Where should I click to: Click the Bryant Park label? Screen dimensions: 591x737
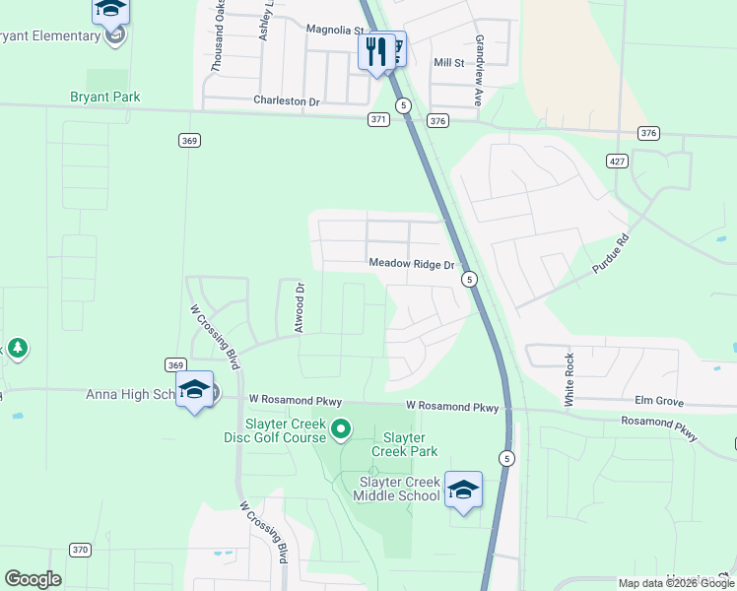coord(104,97)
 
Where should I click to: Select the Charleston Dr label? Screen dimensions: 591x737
coord(287,100)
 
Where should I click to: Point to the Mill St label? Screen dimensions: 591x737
coord(448,63)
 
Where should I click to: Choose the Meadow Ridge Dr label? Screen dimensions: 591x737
coord(411,264)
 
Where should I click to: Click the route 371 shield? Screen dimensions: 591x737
coord(379,119)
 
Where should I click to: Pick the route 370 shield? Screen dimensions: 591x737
coord(81,550)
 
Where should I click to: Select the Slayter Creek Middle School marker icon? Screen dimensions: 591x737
coord(463,489)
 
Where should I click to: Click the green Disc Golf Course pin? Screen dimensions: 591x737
coord(341,428)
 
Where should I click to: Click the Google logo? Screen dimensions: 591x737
coord(33,579)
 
